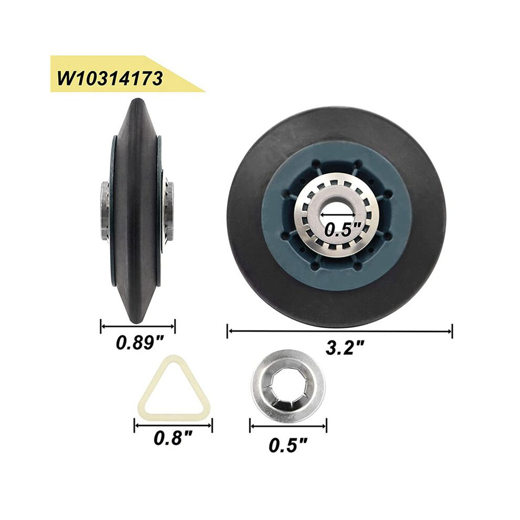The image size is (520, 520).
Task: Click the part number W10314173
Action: (x=110, y=79)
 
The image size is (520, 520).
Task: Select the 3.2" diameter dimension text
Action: (x=345, y=348)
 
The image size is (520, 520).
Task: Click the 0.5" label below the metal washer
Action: (x=288, y=445)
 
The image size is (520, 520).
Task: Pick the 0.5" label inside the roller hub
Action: (x=342, y=230)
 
